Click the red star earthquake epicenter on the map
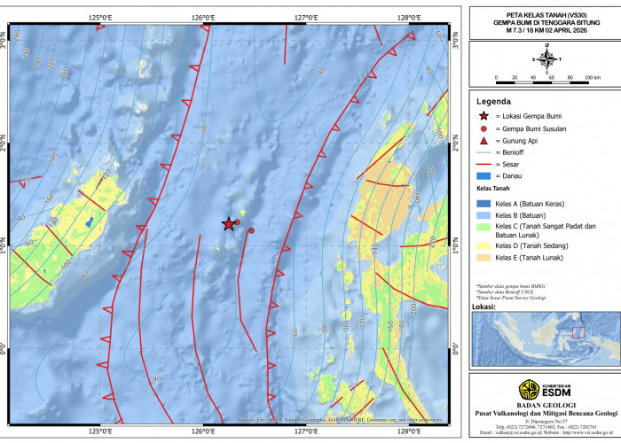tap(228, 224)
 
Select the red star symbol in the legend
tap(483, 116)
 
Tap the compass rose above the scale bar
tap(546, 59)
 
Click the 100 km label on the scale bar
tap(593, 78)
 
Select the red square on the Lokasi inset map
tap(578, 332)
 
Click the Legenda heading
tap(493, 101)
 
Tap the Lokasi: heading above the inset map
tap(483, 306)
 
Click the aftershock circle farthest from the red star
tap(251, 230)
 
